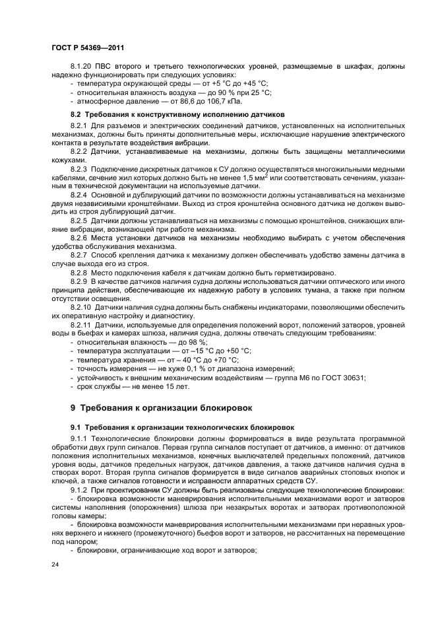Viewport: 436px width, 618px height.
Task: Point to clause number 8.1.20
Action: [82, 67]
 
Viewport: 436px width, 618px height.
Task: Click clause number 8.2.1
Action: [79, 125]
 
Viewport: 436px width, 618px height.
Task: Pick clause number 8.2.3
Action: [79, 169]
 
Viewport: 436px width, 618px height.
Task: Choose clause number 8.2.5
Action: [79, 221]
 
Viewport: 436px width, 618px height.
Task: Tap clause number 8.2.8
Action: [79, 273]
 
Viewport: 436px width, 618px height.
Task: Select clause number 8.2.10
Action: [81, 307]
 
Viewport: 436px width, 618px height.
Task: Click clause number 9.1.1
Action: [79, 438]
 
